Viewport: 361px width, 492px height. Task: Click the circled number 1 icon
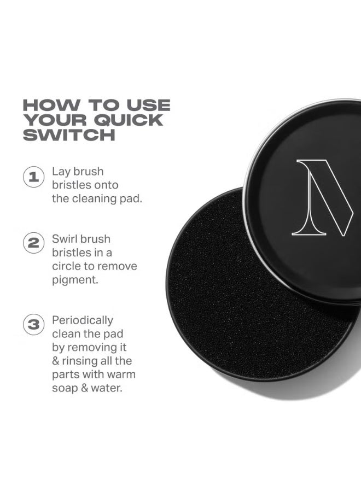pyautogui.click(x=33, y=177)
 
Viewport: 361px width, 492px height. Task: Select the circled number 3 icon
pyautogui.click(x=33, y=325)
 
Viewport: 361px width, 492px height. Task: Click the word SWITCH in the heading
pyautogui.click(x=69, y=134)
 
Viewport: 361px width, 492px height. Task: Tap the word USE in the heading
pyautogui.click(x=147, y=105)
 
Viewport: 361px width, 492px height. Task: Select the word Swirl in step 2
pyautogui.click(x=66, y=239)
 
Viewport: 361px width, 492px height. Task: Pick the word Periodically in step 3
pyautogui.click(x=83, y=320)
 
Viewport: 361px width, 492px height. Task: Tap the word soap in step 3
pyautogui.click(x=65, y=388)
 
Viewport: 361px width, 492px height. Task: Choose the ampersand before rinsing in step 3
pyautogui.click(x=56, y=361)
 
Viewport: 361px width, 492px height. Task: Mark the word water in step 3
pyautogui.click(x=104, y=388)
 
